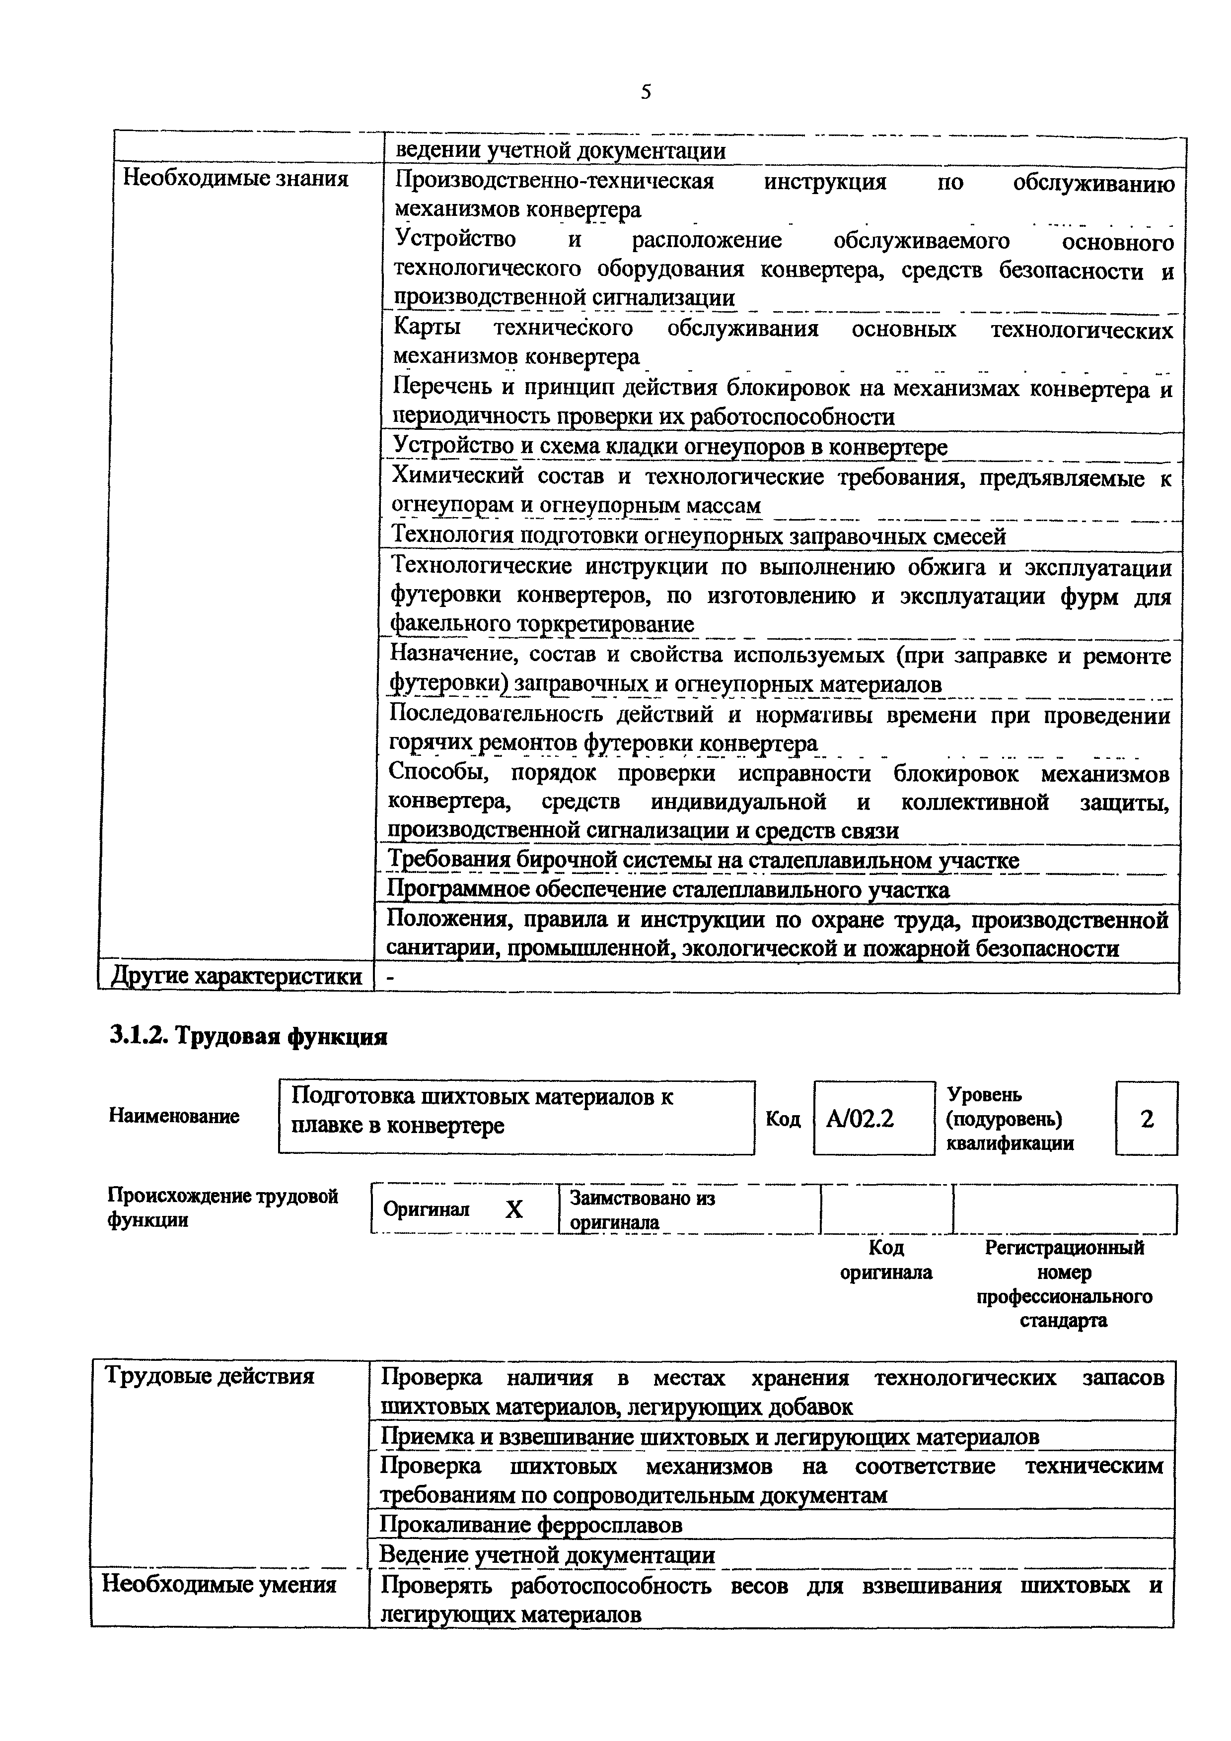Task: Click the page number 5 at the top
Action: [x=646, y=92]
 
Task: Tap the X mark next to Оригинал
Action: [x=514, y=1209]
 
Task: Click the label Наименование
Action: [x=174, y=1116]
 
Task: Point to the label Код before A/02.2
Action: [x=783, y=1119]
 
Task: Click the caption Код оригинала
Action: [x=886, y=1260]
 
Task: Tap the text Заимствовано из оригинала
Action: [x=643, y=1210]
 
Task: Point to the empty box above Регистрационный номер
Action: [x=1064, y=1209]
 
